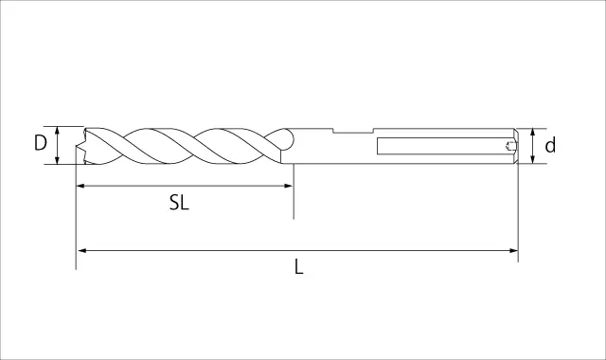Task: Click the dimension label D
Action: pos(40,143)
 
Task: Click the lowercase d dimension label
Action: pos(550,145)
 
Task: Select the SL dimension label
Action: pos(179,202)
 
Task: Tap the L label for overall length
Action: pos(299,267)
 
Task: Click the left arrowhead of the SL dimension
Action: pos(80,186)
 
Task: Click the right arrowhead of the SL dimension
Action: pos(289,186)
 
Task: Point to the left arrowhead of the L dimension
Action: pos(82,250)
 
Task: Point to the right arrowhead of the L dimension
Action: pos(513,250)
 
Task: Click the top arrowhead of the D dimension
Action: pos(57,131)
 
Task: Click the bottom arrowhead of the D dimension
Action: pos(57,160)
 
